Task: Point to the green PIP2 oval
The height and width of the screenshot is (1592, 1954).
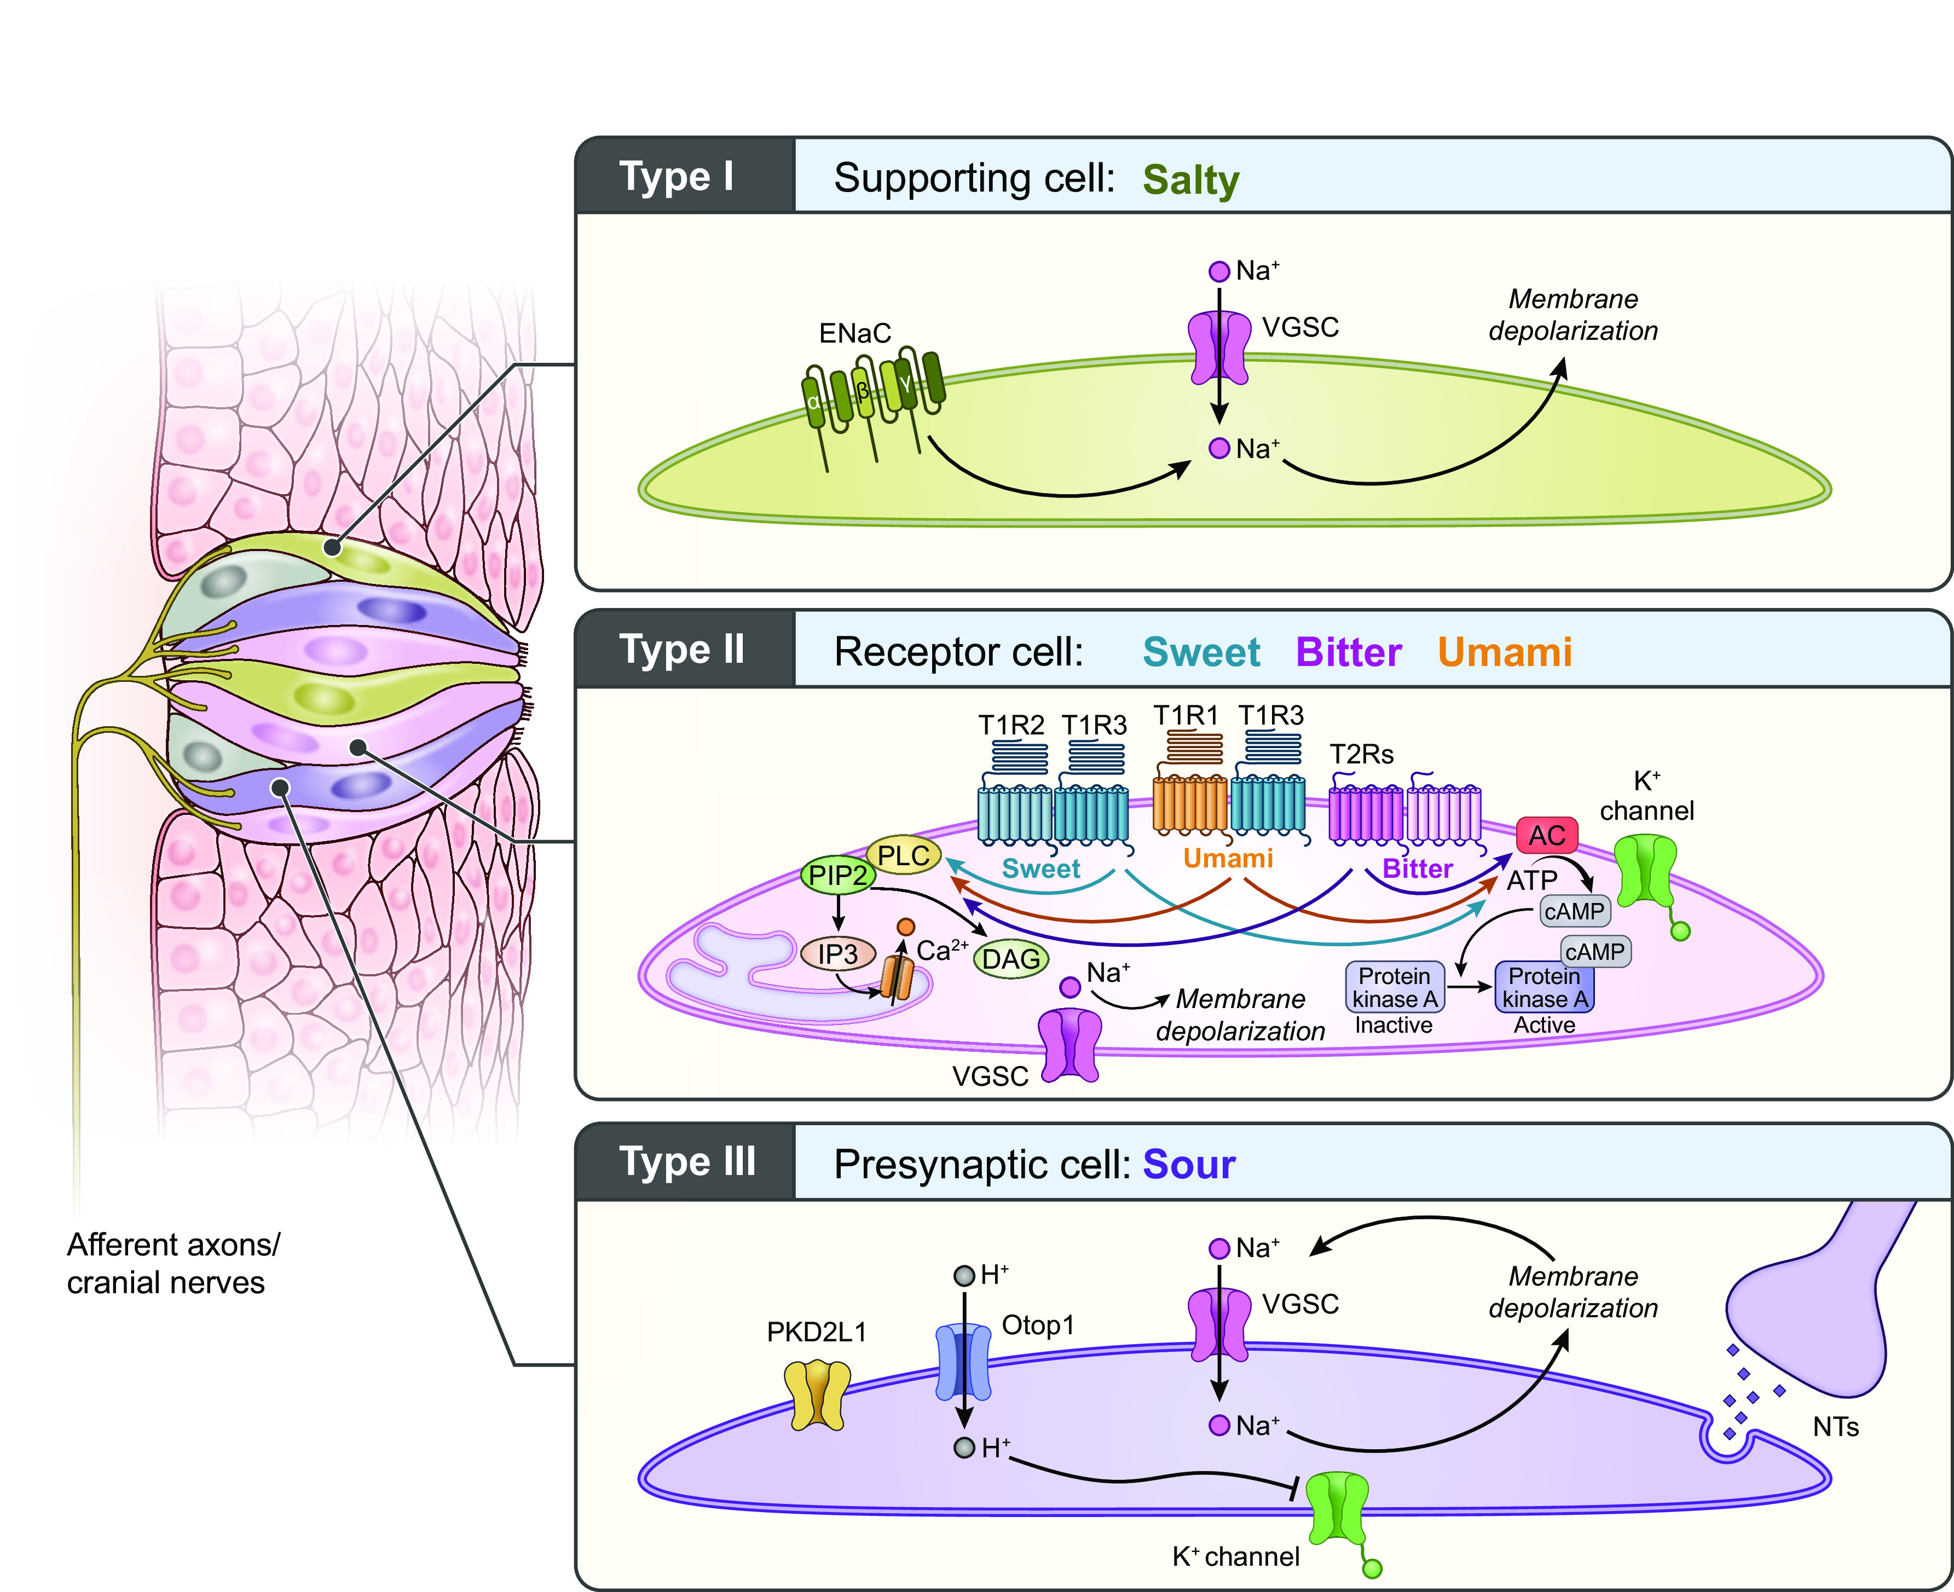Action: [837, 875]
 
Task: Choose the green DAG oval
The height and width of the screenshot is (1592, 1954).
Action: [1010, 959]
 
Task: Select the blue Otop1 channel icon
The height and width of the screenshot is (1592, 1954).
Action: [963, 1362]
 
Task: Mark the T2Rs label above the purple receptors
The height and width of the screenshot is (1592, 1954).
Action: [1362, 755]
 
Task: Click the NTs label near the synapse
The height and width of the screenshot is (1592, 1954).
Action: [1835, 1427]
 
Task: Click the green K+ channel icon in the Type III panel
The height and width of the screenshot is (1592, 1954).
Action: [1338, 1509]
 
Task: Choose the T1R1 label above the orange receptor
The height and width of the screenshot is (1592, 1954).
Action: [1186, 715]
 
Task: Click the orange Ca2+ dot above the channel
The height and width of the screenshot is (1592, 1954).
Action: [906, 926]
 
